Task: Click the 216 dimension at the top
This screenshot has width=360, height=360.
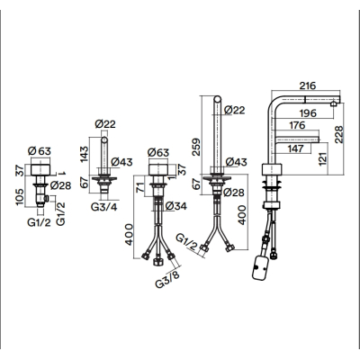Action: tap(308, 85)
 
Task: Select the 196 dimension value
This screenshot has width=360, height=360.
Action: tap(308, 113)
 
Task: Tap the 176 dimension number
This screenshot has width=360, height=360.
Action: tap(297, 125)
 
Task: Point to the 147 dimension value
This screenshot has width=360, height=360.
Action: tap(296, 148)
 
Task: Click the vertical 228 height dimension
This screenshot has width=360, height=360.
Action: tap(339, 135)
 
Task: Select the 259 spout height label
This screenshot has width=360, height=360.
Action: tap(195, 147)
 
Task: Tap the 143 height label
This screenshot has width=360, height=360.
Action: tap(85, 154)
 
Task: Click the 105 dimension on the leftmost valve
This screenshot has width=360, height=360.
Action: tap(20, 197)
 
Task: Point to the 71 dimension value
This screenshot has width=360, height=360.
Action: tap(140, 189)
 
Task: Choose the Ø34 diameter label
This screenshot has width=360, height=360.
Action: tap(175, 206)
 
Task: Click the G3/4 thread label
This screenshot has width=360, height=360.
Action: tap(103, 207)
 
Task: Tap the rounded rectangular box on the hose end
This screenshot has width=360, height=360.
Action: tap(259, 267)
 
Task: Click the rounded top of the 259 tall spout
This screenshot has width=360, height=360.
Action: tap(218, 99)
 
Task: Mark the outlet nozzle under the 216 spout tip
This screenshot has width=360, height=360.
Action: tap(333, 103)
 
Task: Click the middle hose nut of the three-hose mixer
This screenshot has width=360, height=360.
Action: tap(157, 262)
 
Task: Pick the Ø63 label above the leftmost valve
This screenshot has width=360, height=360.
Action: tap(40, 151)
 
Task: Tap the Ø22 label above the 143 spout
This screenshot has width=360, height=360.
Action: tap(105, 124)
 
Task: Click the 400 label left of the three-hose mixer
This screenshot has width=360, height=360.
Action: tap(129, 234)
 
